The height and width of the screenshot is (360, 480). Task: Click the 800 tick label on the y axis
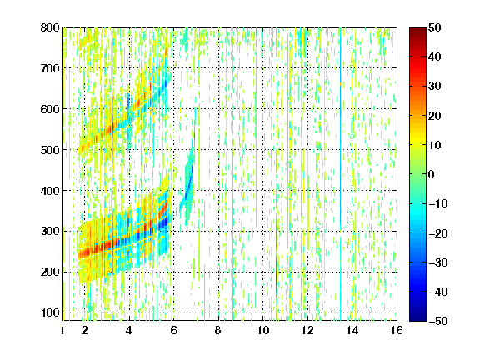pyautogui.click(x=50, y=27)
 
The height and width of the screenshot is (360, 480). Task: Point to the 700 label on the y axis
pyautogui.click(x=50, y=68)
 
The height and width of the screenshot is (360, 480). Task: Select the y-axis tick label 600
pyautogui.click(x=50, y=109)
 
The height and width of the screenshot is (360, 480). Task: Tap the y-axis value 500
pyautogui.click(x=50, y=150)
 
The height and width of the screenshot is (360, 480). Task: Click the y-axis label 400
pyautogui.click(x=50, y=191)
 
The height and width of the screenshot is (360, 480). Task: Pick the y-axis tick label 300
pyautogui.click(x=50, y=231)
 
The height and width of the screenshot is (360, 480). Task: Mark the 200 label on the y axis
pyautogui.click(x=50, y=272)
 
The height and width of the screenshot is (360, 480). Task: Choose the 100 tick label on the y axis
pyautogui.click(x=50, y=312)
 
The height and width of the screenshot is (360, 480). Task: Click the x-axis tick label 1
pyautogui.click(x=62, y=330)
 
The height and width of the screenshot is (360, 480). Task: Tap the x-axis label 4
pyautogui.click(x=129, y=330)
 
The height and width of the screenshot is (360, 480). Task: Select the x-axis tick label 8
pyautogui.click(x=217, y=330)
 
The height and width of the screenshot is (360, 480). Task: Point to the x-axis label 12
pyautogui.click(x=307, y=330)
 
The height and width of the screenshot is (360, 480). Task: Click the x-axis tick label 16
pyautogui.click(x=397, y=330)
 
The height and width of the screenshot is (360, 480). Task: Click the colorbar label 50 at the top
pyautogui.click(x=435, y=27)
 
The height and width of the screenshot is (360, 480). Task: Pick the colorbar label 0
pyautogui.click(x=432, y=174)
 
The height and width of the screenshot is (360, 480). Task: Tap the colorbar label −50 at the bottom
pyautogui.click(x=438, y=321)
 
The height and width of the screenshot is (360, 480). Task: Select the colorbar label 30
pyautogui.click(x=435, y=87)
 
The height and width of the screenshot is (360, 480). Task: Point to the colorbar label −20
pyautogui.click(x=438, y=233)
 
